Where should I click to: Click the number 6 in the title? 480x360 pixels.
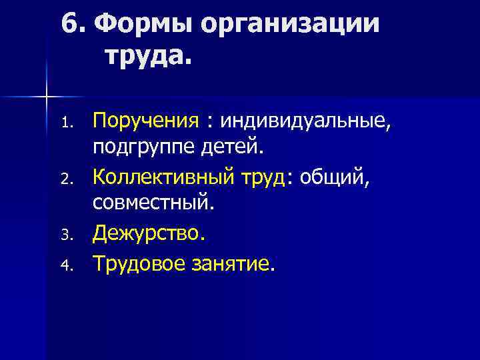[x=70, y=25]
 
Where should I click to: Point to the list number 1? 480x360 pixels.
[x=65, y=123]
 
